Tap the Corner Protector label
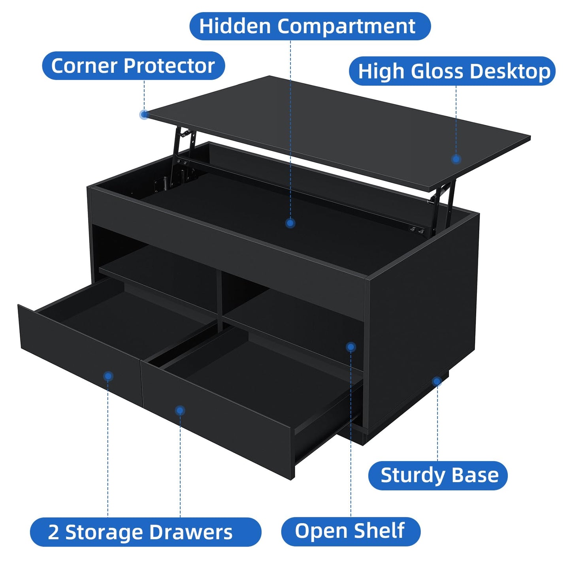(x=133, y=66)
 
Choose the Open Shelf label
(x=351, y=531)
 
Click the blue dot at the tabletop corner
(x=144, y=115)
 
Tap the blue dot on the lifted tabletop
(x=456, y=159)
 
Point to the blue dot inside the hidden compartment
(x=290, y=223)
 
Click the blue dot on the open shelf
(x=351, y=347)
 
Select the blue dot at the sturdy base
(x=437, y=381)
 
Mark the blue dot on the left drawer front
(x=108, y=376)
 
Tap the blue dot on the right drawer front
(x=180, y=411)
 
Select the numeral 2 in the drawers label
(x=53, y=532)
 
